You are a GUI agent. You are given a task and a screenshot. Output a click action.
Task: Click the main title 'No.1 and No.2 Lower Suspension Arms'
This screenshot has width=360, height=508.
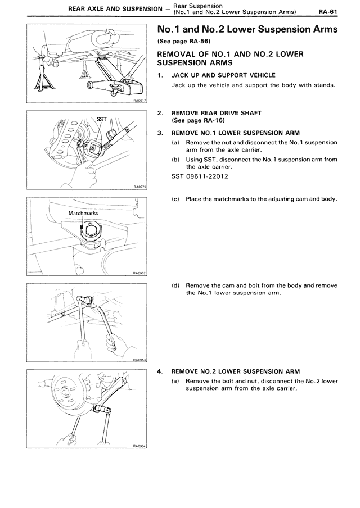(x=247, y=29)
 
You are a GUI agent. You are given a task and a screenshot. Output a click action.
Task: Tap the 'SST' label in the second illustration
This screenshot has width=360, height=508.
(x=101, y=119)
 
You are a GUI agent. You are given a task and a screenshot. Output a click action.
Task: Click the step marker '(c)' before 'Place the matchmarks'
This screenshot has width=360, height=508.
(x=176, y=199)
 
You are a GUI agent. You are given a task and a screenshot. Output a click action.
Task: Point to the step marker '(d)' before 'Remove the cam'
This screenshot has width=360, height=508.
(x=176, y=285)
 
